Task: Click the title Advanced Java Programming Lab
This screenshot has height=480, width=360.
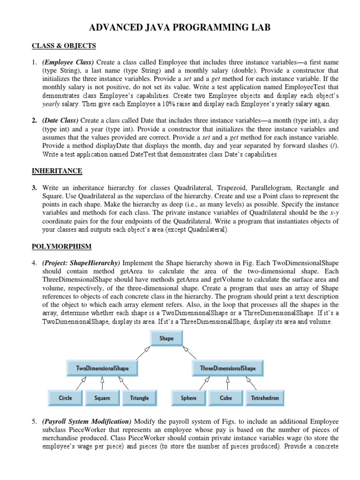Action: [180, 29]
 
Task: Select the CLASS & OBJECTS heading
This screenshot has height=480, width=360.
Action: [64, 45]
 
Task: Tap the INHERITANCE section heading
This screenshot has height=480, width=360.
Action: [57, 171]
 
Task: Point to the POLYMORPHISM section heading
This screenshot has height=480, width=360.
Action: [61, 246]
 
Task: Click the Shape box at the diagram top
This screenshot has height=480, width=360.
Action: [166, 338]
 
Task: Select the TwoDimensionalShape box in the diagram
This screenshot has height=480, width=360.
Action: [103, 368]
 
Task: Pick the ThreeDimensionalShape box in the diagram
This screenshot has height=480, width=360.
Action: [228, 368]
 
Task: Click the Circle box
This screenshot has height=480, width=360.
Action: [66, 398]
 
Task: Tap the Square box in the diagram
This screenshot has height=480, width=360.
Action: [102, 398]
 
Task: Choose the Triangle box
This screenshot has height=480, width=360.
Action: [139, 398]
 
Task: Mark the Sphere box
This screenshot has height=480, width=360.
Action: [188, 398]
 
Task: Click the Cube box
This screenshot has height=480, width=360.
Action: [226, 398]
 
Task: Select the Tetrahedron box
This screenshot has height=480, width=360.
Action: [265, 398]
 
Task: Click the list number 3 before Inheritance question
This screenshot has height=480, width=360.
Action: [35, 187]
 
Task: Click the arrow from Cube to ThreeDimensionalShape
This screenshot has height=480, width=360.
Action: [227, 383]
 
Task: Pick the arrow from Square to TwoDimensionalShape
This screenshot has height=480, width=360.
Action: [102, 383]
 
